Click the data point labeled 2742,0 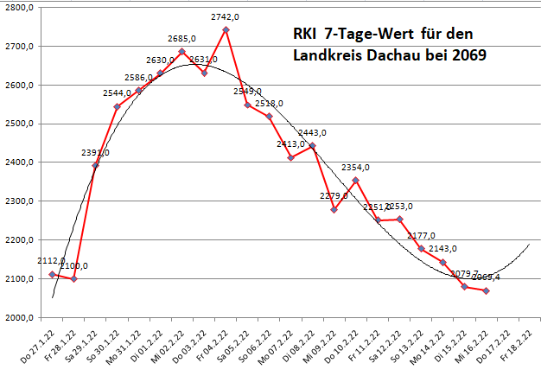226,29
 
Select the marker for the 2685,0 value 182,52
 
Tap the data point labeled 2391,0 95,165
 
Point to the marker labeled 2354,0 356,180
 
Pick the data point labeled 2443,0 313,146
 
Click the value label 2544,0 117,93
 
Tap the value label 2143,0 442,249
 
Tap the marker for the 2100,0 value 73,279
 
